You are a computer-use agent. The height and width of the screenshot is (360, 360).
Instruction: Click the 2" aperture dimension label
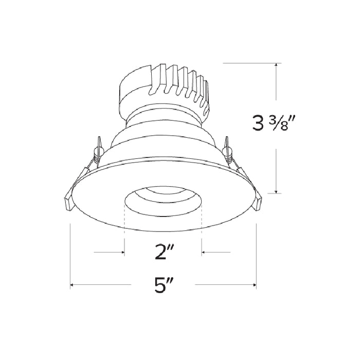[164, 253]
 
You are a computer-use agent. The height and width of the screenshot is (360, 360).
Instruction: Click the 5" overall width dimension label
[163, 285]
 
